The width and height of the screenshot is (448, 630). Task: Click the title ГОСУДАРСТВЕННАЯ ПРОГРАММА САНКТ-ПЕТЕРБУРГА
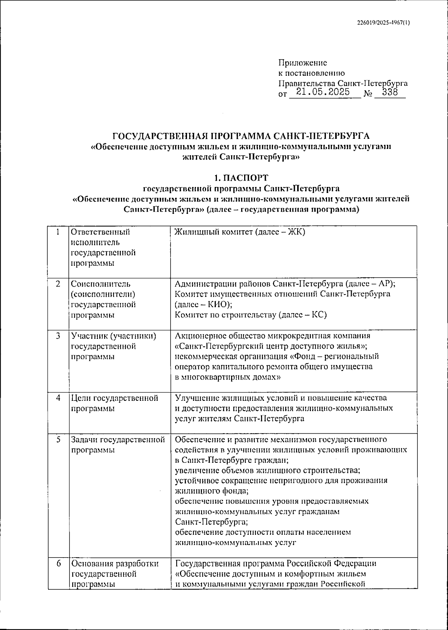tap(241, 135)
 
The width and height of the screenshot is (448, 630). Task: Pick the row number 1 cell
tap(58, 232)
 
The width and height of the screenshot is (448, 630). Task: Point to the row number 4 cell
tap(58, 398)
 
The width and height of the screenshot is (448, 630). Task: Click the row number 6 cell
tap(58, 564)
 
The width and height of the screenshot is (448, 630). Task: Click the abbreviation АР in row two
tap(382, 284)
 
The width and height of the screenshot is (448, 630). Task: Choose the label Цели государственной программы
tap(114, 403)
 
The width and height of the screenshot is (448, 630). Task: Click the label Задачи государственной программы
tap(118, 445)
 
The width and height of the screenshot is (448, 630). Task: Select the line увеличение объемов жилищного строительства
tap(268, 470)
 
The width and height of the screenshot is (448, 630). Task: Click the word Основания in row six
tap(92, 564)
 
